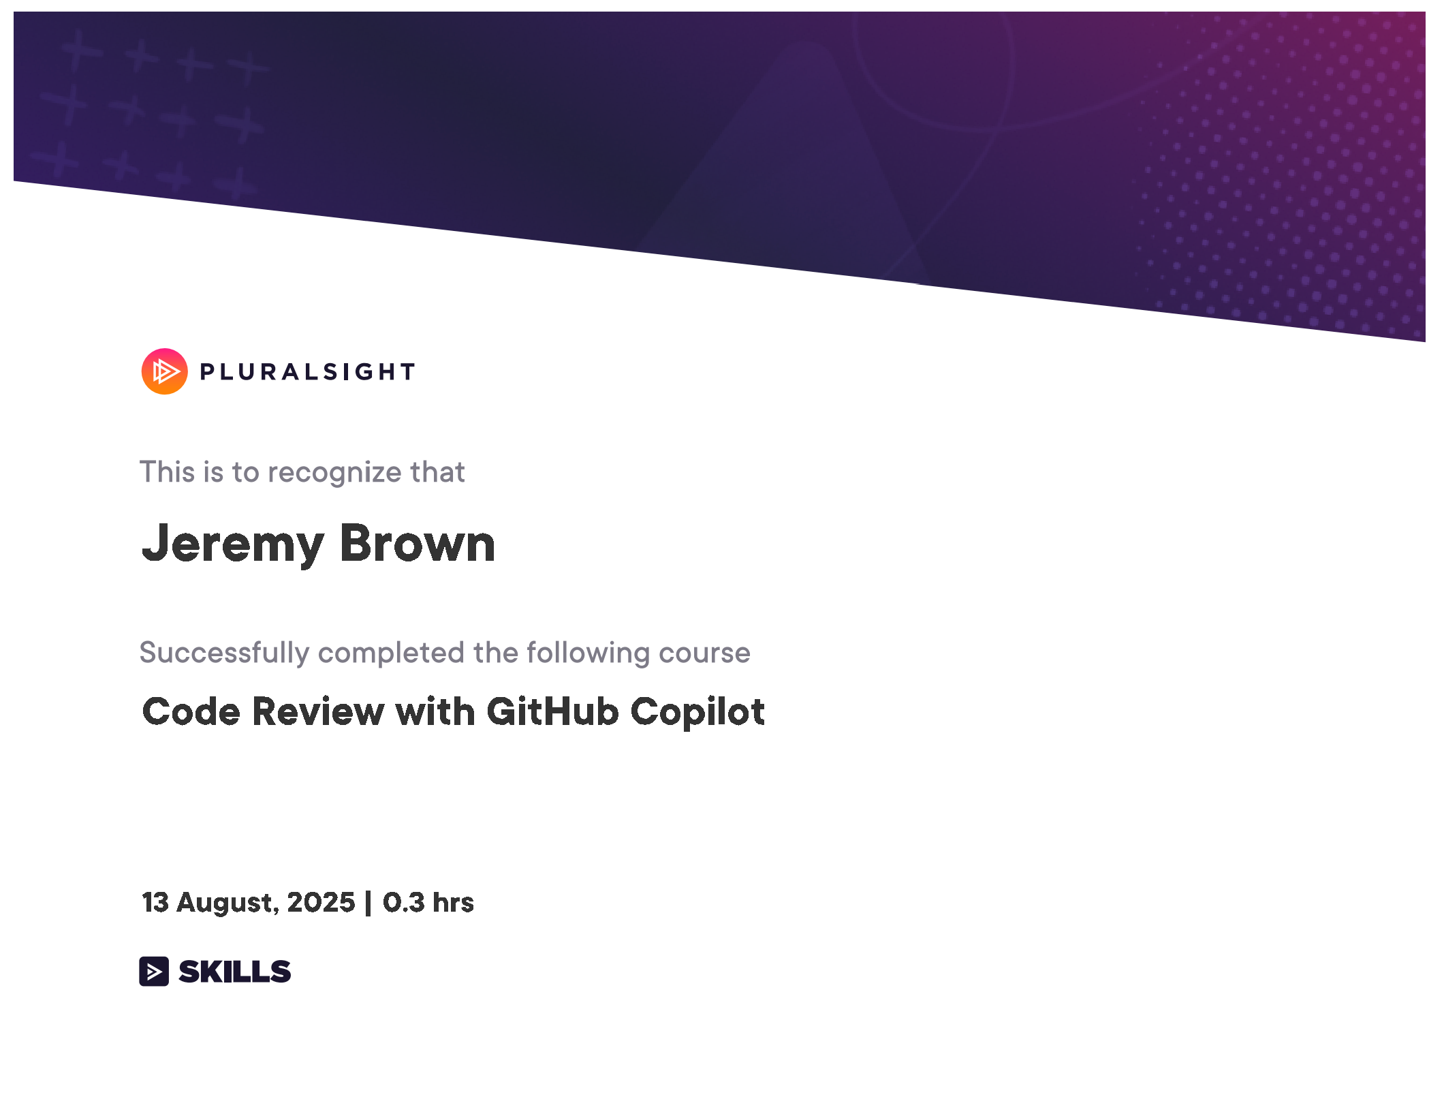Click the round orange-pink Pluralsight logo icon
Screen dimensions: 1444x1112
[x=164, y=371]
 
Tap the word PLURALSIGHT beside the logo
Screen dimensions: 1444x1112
[x=307, y=372]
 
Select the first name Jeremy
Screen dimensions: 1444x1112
[x=232, y=544]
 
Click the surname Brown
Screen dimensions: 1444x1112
[x=418, y=543]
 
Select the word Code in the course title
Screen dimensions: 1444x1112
[x=191, y=711]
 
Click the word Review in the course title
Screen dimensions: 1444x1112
[x=318, y=711]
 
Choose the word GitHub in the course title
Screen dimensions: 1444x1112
[x=552, y=711]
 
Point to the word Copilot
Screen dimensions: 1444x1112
[x=697, y=713]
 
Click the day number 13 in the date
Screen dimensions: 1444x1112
[x=155, y=902]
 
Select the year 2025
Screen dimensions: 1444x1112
[x=321, y=902]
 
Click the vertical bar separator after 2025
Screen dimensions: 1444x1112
[x=368, y=903]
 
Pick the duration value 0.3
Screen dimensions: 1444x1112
[x=404, y=902]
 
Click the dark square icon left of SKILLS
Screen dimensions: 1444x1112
[x=154, y=972]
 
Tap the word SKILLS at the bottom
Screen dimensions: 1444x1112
[x=235, y=972]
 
